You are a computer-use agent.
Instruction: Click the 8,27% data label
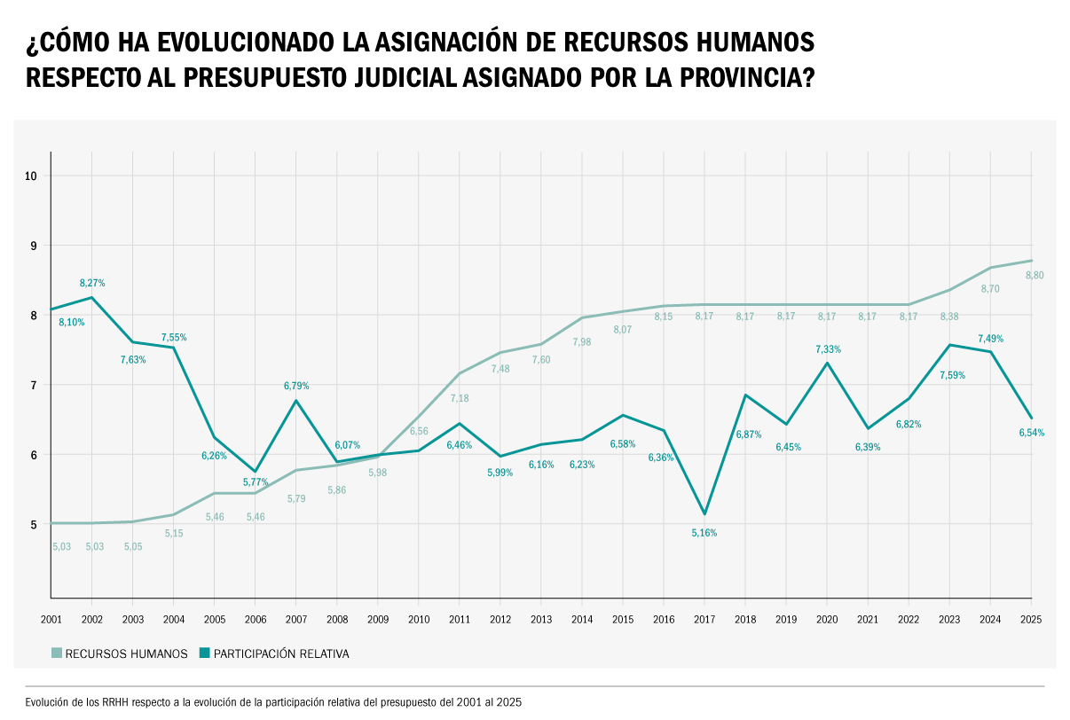pyautogui.click(x=92, y=283)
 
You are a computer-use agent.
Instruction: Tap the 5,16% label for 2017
pyautogui.click(x=704, y=533)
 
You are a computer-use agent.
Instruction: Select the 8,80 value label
pyautogui.click(x=1035, y=276)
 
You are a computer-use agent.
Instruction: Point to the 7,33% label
pyautogui.click(x=828, y=349)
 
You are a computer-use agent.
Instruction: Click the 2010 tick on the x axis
pyautogui.click(x=419, y=619)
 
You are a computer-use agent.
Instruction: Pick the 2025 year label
pyautogui.click(x=1031, y=619)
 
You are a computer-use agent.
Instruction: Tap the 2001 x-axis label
pyautogui.click(x=51, y=619)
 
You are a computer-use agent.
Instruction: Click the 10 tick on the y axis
pyautogui.click(x=31, y=176)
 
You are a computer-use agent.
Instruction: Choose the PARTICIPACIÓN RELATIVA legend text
pyautogui.click(x=281, y=654)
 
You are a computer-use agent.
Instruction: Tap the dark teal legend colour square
pyautogui.click(x=204, y=653)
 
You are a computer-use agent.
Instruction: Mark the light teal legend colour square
pyautogui.click(x=57, y=653)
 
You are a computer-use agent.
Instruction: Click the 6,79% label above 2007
pyautogui.click(x=296, y=386)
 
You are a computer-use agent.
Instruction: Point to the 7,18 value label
pyautogui.click(x=459, y=399)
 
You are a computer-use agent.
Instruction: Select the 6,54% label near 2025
pyautogui.click(x=1032, y=433)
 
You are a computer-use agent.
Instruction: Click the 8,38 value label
pyautogui.click(x=949, y=317)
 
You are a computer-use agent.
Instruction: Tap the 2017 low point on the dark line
pyautogui.click(x=704, y=514)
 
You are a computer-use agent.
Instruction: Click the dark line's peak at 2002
pyautogui.click(x=92, y=297)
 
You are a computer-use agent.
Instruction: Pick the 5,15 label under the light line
pyautogui.click(x=174, y=534)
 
